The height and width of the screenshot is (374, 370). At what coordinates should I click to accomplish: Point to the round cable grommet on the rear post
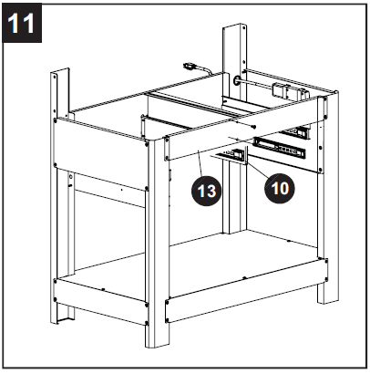point(240,81)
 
